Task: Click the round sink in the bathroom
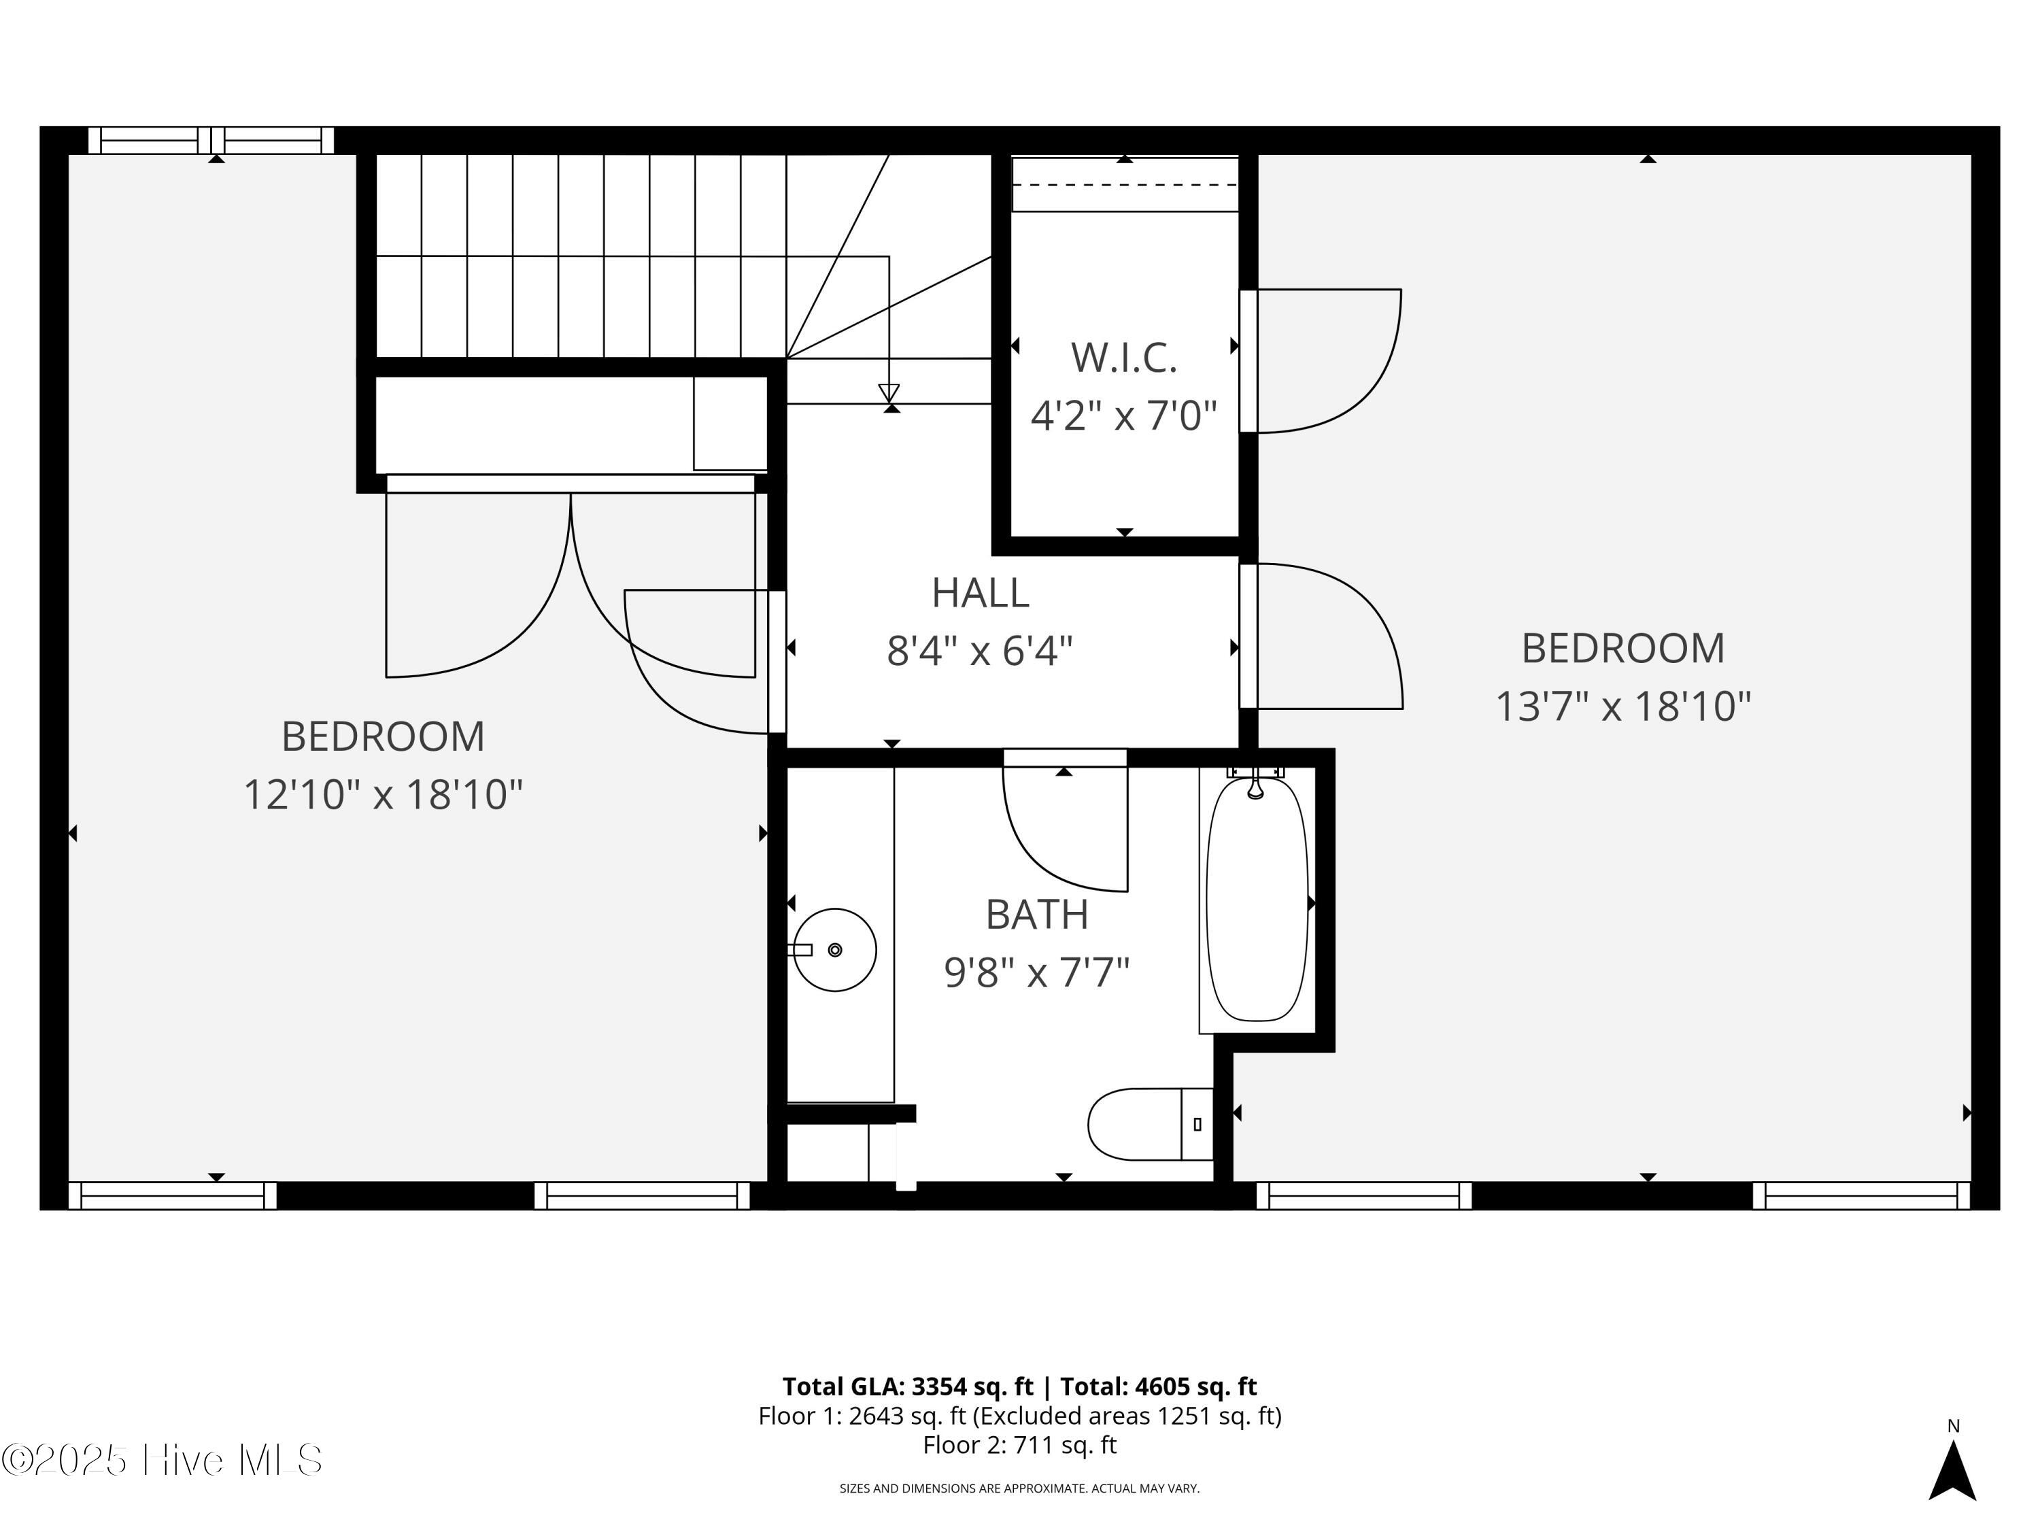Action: pyautogui.click(x=834, y=950)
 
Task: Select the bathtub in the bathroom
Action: pyautogui.click(x=1257, y=899)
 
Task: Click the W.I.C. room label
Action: pyautogui.click(x=1123, y=358)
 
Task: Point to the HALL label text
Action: pyautogui.click(x=981, y=593)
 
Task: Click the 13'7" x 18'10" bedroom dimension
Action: pyautogui.click(x=1622, y=707)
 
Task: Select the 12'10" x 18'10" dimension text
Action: pyautogui.click(x=383, y=795)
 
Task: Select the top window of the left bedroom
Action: pyautogui.click(x=211, y=140)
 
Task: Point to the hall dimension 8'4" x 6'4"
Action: pyautogui.click(x=981, y=652)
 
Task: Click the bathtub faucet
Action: pyautogui.click(x=1255, y=782)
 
